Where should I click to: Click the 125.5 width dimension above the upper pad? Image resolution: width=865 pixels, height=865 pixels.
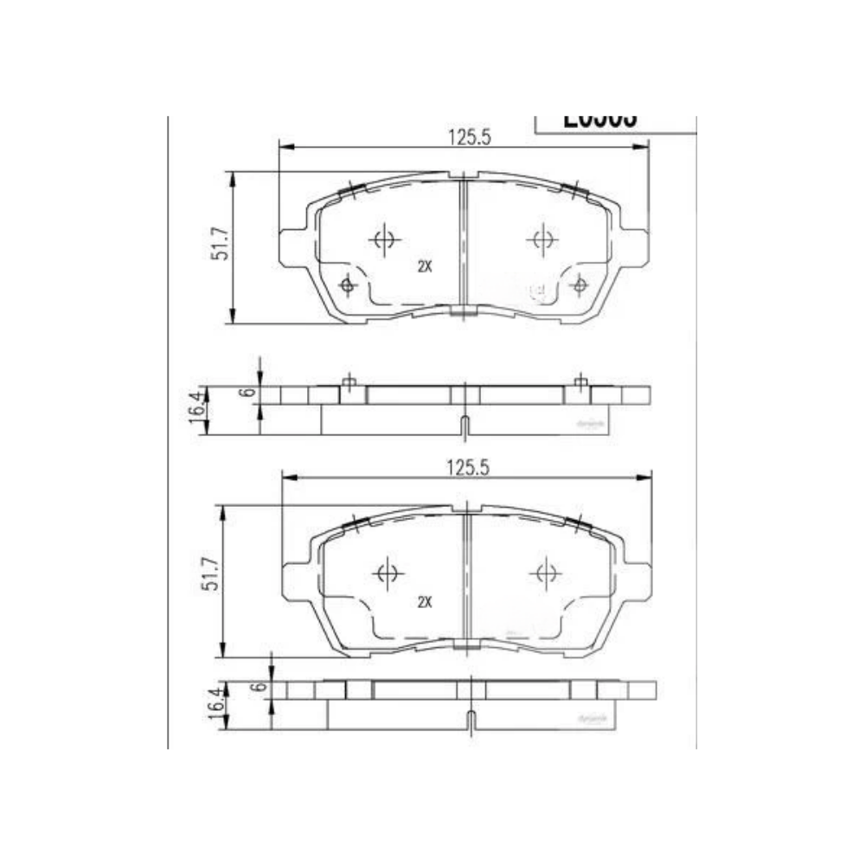tap(464, 136)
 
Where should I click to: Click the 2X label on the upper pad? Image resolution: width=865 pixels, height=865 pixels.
tap(424, 267)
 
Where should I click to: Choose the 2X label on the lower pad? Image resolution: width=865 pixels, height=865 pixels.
tap(424, 602)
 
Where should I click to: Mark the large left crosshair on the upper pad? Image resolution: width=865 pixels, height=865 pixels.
tap(384, 240)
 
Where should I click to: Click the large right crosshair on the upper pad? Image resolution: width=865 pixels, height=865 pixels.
tap(542, 239)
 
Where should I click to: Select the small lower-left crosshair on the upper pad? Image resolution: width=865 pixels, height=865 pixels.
tap(348, 285)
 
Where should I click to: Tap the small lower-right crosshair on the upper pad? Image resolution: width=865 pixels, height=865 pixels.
tap(580, 285)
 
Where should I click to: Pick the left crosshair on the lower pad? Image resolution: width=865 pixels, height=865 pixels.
tap(387, 573)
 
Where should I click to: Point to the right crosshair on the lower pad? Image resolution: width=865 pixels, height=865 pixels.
tap(545, 573)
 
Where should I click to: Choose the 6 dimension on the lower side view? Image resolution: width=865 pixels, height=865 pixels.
tap(257, 687)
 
